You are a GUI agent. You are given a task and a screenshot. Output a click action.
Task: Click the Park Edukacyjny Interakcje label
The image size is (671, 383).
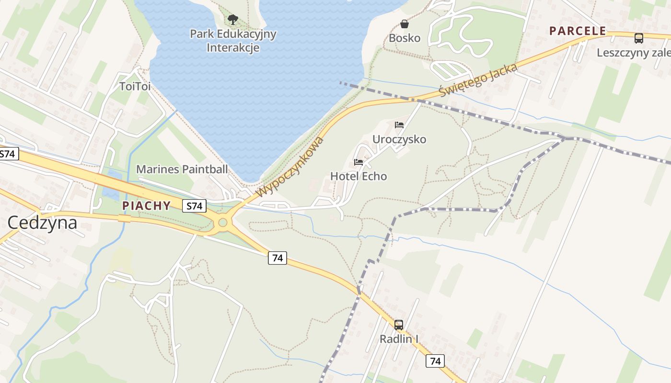tap(233, 41)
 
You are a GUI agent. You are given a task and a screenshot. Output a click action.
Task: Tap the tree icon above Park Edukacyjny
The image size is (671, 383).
tap(233, 20)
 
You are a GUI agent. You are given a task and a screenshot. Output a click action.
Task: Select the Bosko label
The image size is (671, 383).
tap(405, 38)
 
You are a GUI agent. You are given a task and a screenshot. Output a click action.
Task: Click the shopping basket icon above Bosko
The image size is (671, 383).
tap(405, 23)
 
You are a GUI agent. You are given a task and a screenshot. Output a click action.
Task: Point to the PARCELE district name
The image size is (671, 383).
tap(578, 31)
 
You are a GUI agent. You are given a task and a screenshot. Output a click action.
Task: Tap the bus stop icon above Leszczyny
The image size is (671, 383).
tap(639, 38)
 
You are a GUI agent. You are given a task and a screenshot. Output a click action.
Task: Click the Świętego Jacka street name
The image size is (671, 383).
tap(478, 79)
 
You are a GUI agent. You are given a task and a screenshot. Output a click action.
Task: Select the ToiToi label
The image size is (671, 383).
tap(135, 87)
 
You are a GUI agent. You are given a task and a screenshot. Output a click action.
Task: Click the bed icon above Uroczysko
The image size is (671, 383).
tap(399, 125)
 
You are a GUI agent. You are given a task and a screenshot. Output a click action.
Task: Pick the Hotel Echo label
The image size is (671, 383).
tap(359, 176)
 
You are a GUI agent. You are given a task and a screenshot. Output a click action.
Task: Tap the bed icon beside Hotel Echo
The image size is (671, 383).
tap(359, 162)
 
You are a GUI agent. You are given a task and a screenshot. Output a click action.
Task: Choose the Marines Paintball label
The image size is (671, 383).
tap(182, 169)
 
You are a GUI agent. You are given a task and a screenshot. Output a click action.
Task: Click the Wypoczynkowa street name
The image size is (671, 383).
tap(290, 167)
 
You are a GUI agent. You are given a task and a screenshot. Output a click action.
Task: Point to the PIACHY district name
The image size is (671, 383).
tap(146, 206)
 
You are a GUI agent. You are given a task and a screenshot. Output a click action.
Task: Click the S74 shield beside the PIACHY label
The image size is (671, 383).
tap(195, 206)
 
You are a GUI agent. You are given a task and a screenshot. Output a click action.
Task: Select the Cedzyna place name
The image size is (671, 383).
tap(42, 223)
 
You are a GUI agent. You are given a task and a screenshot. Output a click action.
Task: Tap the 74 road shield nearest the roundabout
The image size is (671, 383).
tap(277, 258)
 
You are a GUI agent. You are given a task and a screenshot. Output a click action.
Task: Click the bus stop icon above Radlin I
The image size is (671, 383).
tap(399, 325)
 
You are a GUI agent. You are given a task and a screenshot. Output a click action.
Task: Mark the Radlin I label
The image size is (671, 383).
tap(399, 339)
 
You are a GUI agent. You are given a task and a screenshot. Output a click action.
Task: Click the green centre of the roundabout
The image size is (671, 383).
tap(222, 222)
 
